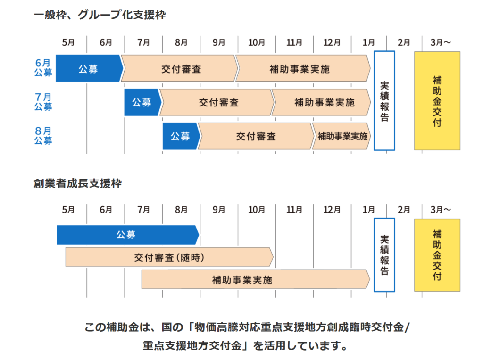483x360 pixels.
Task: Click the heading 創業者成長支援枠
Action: pyautogui.click(x=77, y=183)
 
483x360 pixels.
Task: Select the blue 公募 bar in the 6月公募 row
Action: pyautogui.click(x=88, y=69)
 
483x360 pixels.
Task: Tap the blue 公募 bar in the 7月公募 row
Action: pyautogui.click(x=142, y=102)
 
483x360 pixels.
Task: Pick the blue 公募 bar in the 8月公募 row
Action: pyautogui.click(x=180, y=136)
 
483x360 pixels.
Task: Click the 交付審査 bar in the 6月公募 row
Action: pyautogui.click(x=179, y=69)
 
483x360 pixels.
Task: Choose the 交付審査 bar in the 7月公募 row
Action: pyautogui.click(x=217, y=102)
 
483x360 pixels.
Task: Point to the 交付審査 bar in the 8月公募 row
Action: pyautogui.click(x=255, y=136)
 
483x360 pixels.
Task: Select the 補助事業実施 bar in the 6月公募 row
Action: pyautogui.click(x=302, y=69)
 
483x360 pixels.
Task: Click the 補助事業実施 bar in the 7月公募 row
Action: pyautogui.click(x=321, y=102)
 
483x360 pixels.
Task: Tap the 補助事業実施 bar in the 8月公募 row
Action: pyautogui.click(x=341, y=136)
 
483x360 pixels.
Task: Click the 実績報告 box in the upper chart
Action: pyautogui.click(x=384, y=101)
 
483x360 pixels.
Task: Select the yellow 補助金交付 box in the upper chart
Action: pyautogui.click(x=437, y=101)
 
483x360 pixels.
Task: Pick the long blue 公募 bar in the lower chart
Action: pyautogui.click(x=126, y=235)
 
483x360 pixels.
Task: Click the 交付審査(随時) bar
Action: pyautogui.click(x=169, y=257)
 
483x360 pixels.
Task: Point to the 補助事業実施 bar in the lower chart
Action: pyautogui.click(x=255, y=279)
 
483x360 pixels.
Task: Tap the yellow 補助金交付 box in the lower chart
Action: pyautogui.click(x=437, y=255)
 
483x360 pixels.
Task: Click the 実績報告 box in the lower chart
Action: pyautogui.click(x=384, y=255)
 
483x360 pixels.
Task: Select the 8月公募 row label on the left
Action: pyautogui.click(x=43, y=136)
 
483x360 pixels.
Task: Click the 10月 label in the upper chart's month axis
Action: pyautogui.click(x=256, y=42)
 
